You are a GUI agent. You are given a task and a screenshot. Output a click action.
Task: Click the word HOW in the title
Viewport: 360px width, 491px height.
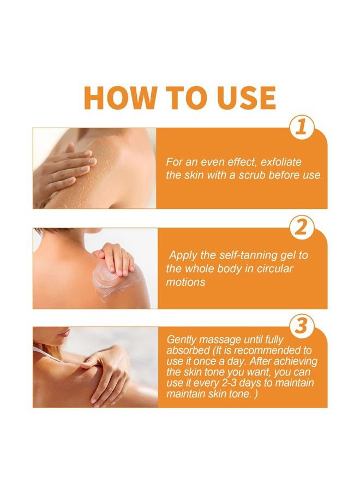coord(120,98)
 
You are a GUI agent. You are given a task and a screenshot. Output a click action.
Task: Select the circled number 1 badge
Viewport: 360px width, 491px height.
coord(301,128)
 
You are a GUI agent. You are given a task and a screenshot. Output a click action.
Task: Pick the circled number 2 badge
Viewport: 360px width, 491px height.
coord(301,227)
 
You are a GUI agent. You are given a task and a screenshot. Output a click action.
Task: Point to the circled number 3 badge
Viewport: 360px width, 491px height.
coord(301,327)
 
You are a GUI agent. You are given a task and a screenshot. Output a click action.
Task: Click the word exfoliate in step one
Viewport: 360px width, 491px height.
coord(281,162)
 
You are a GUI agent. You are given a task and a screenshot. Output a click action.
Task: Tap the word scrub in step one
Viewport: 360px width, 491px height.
coord(252,175)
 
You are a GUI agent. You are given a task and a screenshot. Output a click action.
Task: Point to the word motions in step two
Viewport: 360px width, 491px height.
coord(185,282)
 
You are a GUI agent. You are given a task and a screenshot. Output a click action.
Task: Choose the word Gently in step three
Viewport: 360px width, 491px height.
coord(182,340)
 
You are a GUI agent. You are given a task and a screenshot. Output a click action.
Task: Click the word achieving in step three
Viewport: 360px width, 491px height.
coord(295,362)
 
